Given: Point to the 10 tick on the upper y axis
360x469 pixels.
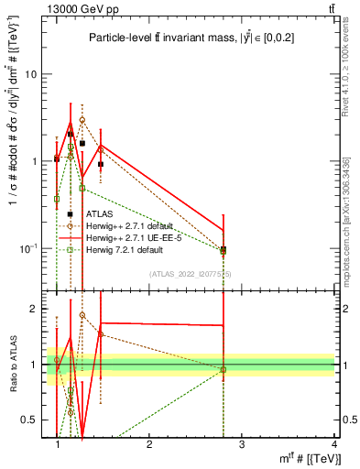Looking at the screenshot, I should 33,74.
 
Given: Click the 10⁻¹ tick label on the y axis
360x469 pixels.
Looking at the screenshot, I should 30,248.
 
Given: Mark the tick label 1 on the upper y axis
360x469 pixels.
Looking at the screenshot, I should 36,161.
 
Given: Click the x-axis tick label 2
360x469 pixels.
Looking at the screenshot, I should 149,443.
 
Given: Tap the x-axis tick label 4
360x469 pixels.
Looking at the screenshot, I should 333,443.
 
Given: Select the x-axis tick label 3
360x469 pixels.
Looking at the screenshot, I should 242,443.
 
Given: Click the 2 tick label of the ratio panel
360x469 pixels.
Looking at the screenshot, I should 36,309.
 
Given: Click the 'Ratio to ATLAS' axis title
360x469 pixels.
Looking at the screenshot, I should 12,365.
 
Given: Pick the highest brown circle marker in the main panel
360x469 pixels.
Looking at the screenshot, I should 82,120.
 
